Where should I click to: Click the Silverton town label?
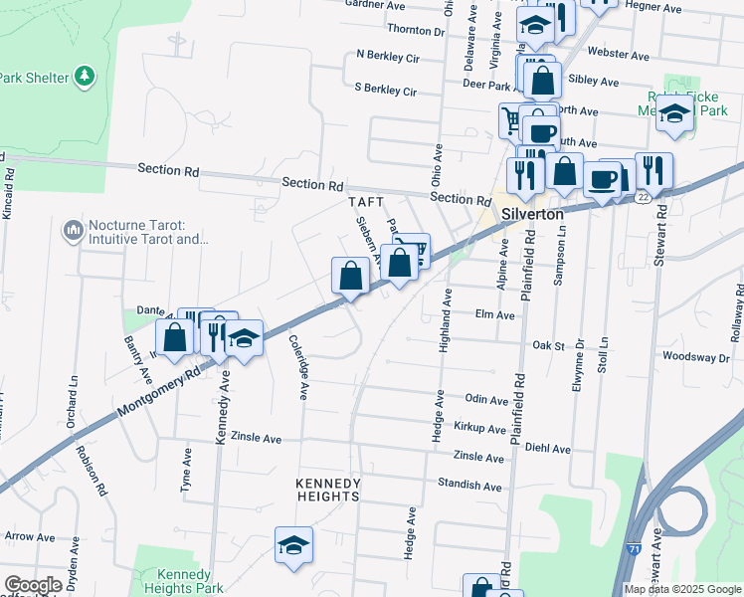532,214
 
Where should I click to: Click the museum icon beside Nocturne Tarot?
72,232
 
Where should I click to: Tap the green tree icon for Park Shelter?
86,76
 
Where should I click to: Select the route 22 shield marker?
645,198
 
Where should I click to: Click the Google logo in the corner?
33,585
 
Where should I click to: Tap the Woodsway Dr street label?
695,356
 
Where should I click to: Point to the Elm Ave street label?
495,314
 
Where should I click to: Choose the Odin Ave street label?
486,398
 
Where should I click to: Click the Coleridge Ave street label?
296,367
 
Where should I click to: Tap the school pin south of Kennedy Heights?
293,545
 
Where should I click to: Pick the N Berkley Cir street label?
387,58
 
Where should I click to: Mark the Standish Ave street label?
470,486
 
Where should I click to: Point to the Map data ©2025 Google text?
682,589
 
